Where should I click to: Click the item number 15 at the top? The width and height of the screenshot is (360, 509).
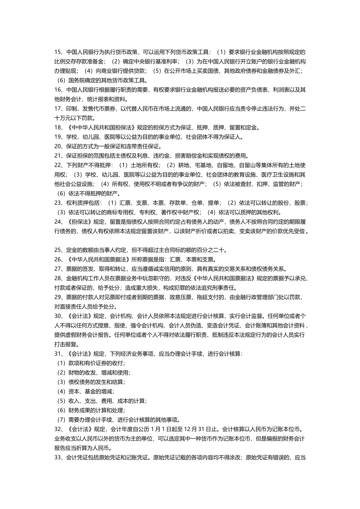(58, 52)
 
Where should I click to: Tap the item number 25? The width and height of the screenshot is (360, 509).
(58, 250)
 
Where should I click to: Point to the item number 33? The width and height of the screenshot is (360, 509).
(58, 457)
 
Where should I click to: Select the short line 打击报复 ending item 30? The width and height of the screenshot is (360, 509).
(66, 344)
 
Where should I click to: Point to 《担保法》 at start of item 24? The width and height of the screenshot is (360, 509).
(80, 222)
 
